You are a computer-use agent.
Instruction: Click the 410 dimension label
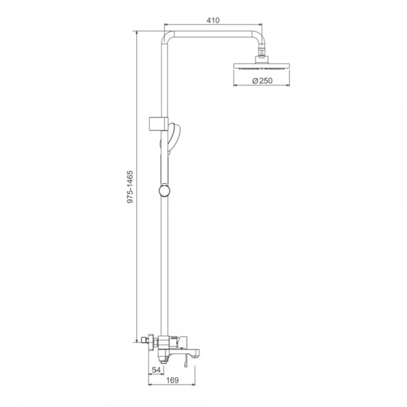point(213,20)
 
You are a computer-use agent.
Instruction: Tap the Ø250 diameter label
point(263,81)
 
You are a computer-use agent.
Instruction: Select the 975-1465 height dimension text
point(130,187)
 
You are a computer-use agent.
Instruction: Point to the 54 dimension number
point(156,370)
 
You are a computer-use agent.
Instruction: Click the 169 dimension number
point(172,381)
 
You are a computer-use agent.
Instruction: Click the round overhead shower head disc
point(262,66)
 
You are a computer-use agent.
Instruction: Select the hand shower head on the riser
point(174,138)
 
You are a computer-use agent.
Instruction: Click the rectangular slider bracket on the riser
point(158,124)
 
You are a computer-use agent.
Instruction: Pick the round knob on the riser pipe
point(164,191)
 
